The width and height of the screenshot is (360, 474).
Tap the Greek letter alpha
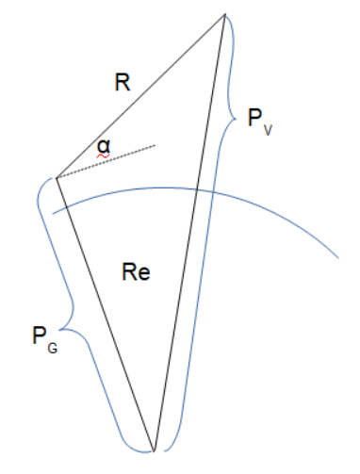[103, 145]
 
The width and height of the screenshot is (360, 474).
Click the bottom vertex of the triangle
[155, 450]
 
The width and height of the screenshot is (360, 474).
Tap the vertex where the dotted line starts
[57, 177]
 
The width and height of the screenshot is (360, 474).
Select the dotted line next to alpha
[106, 161]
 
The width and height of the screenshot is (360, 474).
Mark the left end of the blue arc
[53, 213]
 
